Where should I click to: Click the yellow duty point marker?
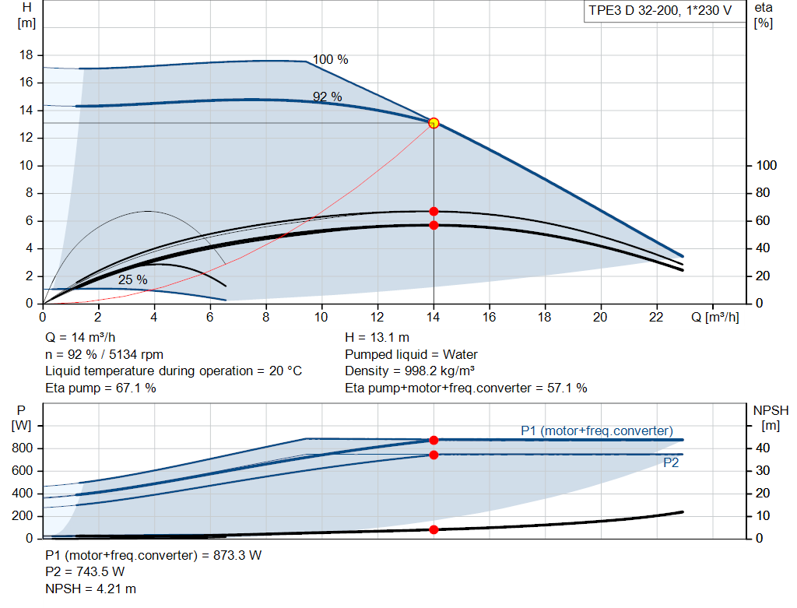coord(434,123)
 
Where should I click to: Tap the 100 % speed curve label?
coord(330,59)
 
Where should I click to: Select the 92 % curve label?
coord(328,97)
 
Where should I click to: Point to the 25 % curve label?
coord(132,279)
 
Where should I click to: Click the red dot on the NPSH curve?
coord(434,529)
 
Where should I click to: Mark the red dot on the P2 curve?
coord(434,455)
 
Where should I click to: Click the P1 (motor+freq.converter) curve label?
coord(597,431)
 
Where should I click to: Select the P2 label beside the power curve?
coord(671,462)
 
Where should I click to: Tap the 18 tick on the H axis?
coord(26,55)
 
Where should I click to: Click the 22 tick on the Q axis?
coord(656,317)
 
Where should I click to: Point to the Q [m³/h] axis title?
coord(715,317)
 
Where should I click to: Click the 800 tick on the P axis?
coord(22,448)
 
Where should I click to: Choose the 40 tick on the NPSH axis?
coord(763,448)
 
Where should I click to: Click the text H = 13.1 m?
coord(377,338)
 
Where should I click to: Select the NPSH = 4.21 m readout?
coord(90,589)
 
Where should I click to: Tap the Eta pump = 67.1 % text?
coord(100,388)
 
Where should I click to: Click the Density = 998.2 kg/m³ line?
coord(409,371)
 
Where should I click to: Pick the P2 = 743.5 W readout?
coord(85,572)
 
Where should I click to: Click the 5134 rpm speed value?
coord(136,354)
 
